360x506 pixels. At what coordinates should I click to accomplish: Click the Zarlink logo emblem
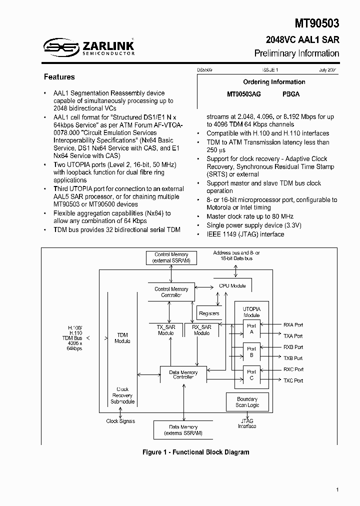[x=61, y=47]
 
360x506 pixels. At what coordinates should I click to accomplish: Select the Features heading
[x=59, y=77]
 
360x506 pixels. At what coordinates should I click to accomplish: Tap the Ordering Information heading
[x=274, y=82]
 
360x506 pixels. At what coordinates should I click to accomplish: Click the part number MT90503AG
[x=244, y=94]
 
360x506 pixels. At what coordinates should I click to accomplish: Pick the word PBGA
[x=291, y=94]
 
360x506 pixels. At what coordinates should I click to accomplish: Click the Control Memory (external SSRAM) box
[x=171, y=258]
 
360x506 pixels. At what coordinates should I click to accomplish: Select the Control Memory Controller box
[x=171, y=292]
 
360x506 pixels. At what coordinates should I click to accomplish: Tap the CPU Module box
[x=232, y=286]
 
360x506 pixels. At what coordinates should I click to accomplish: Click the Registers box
[x=209, y=313]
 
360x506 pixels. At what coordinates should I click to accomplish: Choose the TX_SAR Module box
[x=166, y=330]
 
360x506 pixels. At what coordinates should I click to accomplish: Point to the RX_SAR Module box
[x=201, y=330]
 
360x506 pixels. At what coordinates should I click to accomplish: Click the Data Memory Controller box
[x=183, y=375]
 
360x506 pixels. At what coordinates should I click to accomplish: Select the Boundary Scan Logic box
[x=247, y=402]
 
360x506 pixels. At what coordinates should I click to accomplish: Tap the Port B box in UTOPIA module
[x=251, y=352]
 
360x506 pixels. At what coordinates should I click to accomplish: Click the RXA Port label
[x=293, y=325]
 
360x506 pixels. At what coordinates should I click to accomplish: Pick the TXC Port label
[x=293, y=380]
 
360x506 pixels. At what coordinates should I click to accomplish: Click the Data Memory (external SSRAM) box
[x=182, y=430]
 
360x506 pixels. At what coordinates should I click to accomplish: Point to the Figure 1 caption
[x=195, y=452]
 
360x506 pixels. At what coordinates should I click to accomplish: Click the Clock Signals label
[x=120, y=421]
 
